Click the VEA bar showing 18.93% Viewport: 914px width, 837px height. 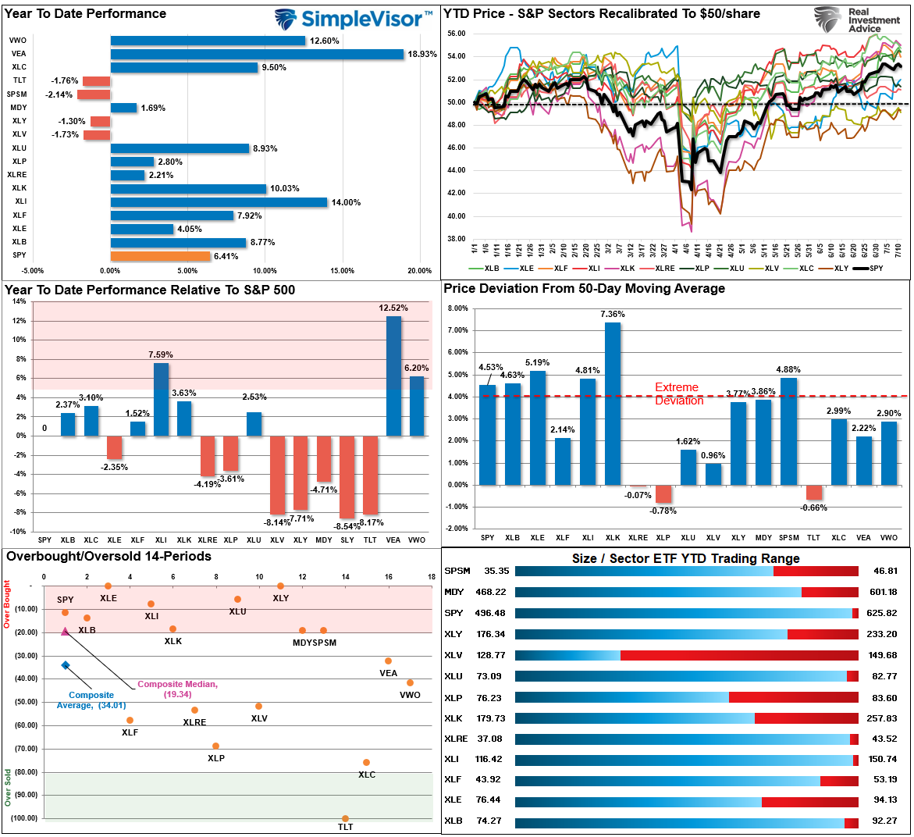point(258,54)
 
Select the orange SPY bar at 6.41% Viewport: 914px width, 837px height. point(161,256)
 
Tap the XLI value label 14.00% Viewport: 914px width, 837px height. point(346,202)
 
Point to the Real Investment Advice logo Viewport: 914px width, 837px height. point(857,20)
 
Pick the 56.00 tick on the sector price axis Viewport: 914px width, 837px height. point(457,34)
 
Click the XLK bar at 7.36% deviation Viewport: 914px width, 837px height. point(613,404)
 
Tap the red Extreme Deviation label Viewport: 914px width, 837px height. point(678,394)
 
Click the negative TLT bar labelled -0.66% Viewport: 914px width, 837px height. point(813,492)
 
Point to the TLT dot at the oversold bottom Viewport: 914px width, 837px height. point(345,818)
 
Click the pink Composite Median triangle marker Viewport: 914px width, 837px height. point(65,631)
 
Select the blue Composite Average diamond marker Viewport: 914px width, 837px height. point(66,665)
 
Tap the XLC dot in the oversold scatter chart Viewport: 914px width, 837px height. point(366,762)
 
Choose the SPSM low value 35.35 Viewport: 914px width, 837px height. point(496,571)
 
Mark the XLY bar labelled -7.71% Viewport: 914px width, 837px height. point(301,473)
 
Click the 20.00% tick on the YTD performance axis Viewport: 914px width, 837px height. point(419,271)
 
